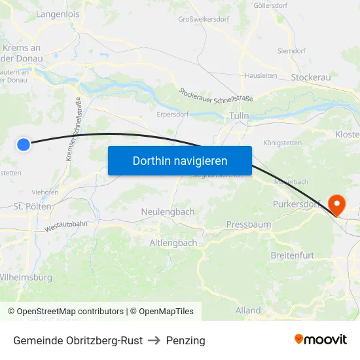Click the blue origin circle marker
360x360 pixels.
[24, 145]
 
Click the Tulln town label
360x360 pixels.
[240, 116]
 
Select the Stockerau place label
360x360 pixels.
[312, 77]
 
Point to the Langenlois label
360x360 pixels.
[57, 14]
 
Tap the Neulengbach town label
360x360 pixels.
[168, 212]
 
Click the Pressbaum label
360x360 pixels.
[248, 225]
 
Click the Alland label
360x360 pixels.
[248, 310]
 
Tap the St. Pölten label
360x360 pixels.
[33, 206]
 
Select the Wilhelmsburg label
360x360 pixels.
[26, 278]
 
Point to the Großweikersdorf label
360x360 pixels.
[203, 19]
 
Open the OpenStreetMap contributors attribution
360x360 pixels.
[70, 312]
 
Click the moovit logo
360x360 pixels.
[320, 340]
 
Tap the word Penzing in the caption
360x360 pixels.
[185, 340]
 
